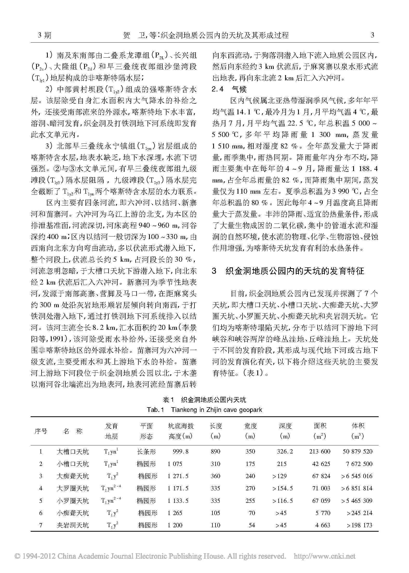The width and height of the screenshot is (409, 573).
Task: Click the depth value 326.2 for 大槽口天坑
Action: [x=285, y=451]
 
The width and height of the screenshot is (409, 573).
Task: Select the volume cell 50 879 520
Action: [x=357, y=451]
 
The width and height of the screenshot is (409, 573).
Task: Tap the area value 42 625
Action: [x=321, y=464]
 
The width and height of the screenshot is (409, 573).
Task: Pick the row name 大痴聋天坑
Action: [x=73, y=476]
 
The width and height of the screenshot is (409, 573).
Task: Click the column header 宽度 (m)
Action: [x=250, y=431]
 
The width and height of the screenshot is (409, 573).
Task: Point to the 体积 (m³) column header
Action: [x=358, y=431]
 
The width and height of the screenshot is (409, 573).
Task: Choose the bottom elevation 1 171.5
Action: [x=178, y=488]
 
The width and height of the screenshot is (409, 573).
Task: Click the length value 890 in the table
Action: [x=215, y=451]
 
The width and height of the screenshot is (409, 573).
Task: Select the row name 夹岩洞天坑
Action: [x=73, y=525]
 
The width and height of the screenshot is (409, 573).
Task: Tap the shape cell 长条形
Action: [x=146, y=451]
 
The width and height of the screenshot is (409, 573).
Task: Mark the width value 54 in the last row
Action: [x=252, y=525]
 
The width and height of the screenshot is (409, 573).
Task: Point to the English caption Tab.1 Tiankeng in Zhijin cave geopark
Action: [x=204, y=410]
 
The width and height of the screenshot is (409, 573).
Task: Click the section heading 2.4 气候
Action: [x=229, y=89]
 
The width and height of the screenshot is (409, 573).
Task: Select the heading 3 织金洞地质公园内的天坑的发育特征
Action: [x=288, y=271]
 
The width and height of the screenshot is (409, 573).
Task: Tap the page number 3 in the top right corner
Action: [x=373, y=35]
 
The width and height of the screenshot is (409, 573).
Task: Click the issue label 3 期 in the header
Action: [x=44, y=35]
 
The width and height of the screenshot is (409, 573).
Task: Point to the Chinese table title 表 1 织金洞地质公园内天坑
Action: [x=204, y=400]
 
